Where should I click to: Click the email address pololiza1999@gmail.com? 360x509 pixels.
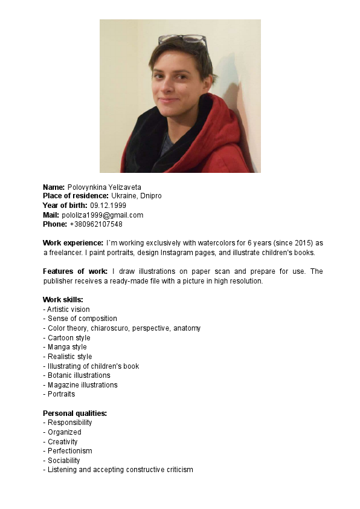coord(102,215)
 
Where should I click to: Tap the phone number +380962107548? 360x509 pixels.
coord(96,224)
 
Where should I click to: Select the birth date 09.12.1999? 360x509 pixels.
coord(108,206)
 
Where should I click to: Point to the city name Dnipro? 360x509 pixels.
coord(151,196)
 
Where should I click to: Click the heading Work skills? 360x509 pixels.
coord(63,300)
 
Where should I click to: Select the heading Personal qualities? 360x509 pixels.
coord(74,413)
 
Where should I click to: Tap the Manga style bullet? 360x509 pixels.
coord(67,347)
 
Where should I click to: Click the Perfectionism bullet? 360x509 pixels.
coord(70,451)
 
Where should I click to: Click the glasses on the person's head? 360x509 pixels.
coord(182,39)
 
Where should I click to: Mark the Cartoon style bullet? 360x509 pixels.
coord(69,338)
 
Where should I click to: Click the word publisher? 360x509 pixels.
coord(58,281)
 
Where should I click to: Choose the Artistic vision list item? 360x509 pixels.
coord(68,310)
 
